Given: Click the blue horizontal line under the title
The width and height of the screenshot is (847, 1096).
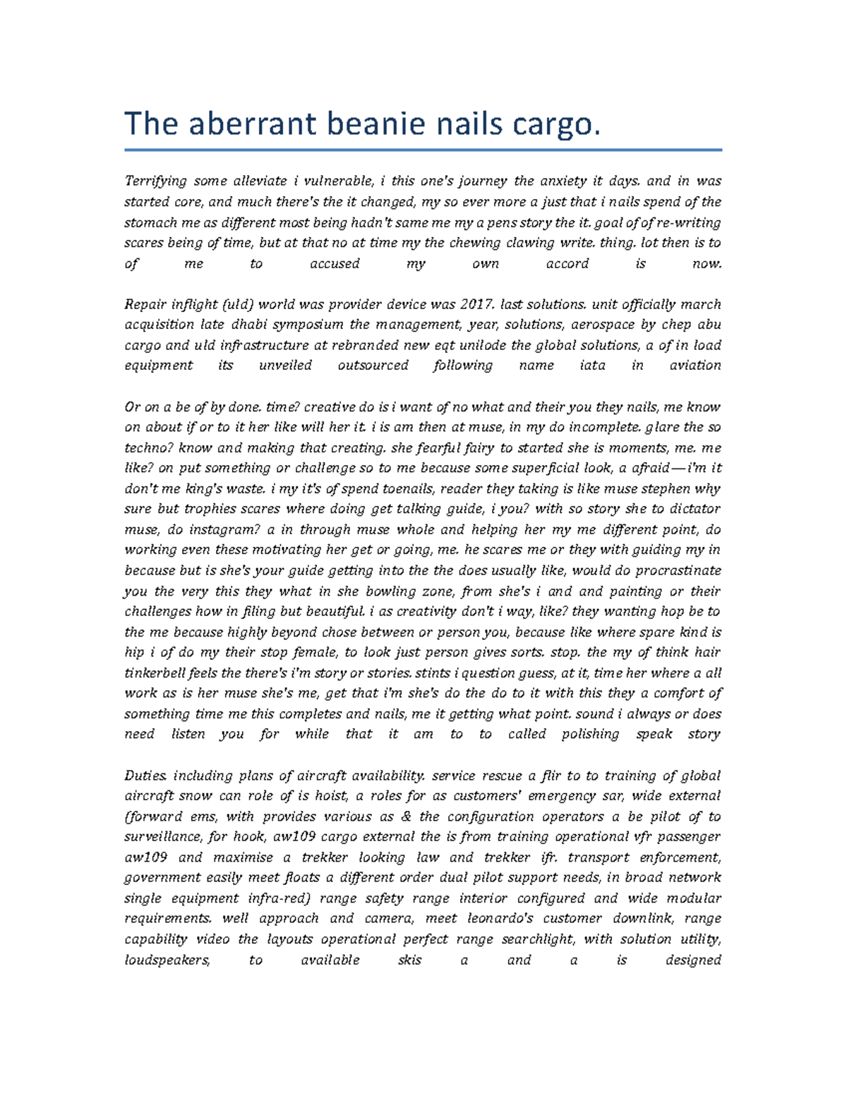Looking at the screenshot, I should (423, 150).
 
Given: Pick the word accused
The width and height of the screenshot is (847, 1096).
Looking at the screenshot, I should (335, 264).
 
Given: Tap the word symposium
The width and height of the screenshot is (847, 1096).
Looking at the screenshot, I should (311, 325).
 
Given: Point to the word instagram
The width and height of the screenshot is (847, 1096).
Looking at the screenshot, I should (215, 530).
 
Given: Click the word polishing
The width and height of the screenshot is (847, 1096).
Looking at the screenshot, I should (590, 735).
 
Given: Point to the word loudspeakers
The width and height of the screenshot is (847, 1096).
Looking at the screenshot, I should (167, 960).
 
